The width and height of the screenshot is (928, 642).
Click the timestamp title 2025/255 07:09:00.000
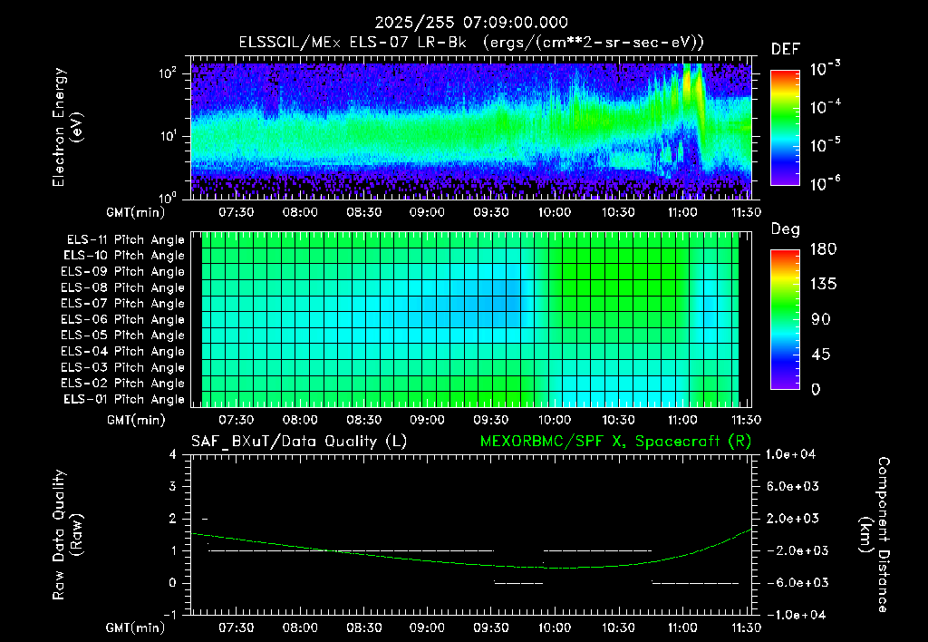[x=471, y=23]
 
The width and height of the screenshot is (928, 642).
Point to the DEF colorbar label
[x=786, y=49]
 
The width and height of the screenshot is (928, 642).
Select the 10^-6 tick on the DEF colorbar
[x=825, y=183]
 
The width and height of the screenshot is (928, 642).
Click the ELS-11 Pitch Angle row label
[x=125, y=240]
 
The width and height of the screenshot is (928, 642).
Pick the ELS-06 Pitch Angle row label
[x=122, y=320]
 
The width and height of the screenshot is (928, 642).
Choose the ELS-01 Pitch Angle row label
[x=124, y=399]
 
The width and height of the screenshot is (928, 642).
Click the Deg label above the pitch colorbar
[x=786, y=229]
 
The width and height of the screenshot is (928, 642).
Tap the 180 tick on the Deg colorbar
[x=823, y=248]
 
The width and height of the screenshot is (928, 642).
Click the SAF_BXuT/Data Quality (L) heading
[x=299, y=442]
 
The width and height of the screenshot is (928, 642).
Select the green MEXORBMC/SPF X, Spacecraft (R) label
[x=615, y=442]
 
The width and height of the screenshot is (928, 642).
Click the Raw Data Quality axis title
[x=67, y=534]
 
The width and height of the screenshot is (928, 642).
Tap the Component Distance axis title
[x=875, y=534]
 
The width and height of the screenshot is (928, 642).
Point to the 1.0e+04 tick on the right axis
[x=790, y=454]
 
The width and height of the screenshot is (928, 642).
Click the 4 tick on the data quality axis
[x=173, y=454]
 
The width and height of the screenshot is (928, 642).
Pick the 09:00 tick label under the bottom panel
[x=427, y=627]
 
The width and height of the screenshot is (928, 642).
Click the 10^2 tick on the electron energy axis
[x=169, y=73]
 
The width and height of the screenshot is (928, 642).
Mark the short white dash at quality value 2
[x=205, y=519]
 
